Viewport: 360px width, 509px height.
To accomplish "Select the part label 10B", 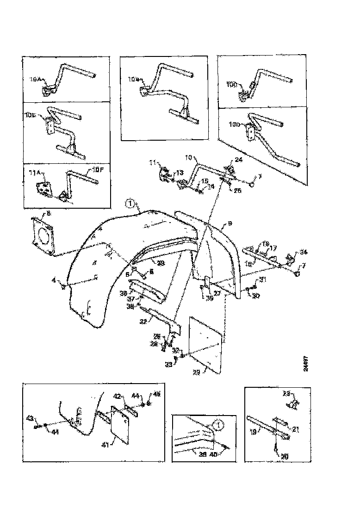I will click(x=133, y=79).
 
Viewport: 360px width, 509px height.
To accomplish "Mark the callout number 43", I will click(x=31, y=419).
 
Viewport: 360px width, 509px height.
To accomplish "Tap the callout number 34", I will click(x=303, y=252).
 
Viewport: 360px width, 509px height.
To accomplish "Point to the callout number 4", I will click(x=54, y=280).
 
